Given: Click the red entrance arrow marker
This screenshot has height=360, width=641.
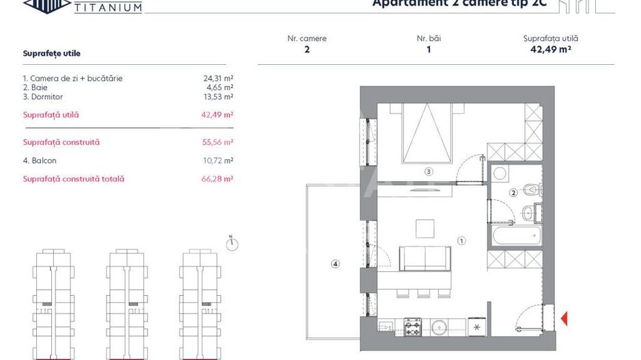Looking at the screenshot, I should (x=564, y=318).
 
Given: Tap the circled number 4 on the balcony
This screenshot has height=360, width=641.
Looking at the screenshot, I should (x=335, y=264).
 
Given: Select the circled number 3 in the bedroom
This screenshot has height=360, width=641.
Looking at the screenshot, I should (x=428, y=171).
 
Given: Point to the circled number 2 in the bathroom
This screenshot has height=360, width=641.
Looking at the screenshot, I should (x=513, y=193).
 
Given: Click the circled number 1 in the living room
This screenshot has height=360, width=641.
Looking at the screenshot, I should (x=462, y=240).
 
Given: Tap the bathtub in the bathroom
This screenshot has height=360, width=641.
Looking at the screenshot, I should (x=516, y=235).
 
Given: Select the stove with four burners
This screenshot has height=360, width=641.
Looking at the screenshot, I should (x=412, y=327).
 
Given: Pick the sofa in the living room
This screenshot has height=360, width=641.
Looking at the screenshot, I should (x=425, y=258).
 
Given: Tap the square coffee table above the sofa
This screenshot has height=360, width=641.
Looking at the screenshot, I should (x=425, y=227).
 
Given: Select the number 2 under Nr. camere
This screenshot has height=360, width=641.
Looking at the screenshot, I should (x=307, y=49).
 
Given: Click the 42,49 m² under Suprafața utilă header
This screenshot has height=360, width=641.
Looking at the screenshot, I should (x=550, y=49).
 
